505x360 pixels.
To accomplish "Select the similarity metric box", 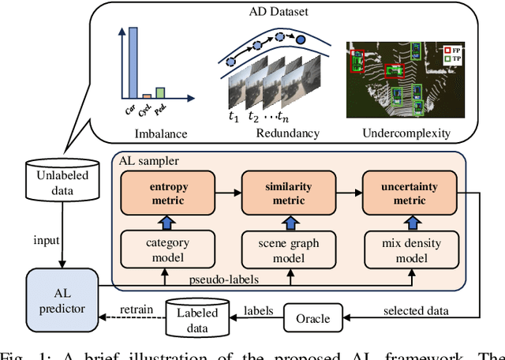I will pyautogui.click(x=288, y=195).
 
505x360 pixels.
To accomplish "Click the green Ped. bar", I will pyautogui.click(x=160, y=88).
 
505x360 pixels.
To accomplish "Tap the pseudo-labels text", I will pyautogui.click(x=228, y=279).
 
